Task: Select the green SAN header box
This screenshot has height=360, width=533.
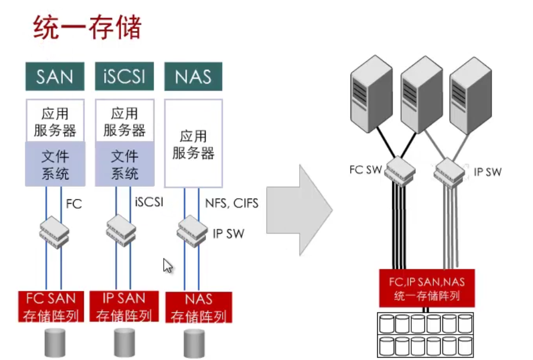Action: pyautogui.click(x=54, y=76)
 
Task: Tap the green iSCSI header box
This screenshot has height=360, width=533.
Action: pyautogui.click(x=124, y=76)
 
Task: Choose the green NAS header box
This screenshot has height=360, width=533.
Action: pyautogui.click(x=193, y=76)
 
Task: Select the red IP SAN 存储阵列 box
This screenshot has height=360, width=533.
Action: pyautogui.click(x=124, y=306)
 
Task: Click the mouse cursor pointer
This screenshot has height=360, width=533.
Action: pyautogui.click(x=168, y=265)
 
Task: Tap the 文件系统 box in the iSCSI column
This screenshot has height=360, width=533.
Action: pyautogui.click(x=124, y=164)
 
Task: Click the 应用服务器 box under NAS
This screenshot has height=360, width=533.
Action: pyautogui.click(x=193, y=144)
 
